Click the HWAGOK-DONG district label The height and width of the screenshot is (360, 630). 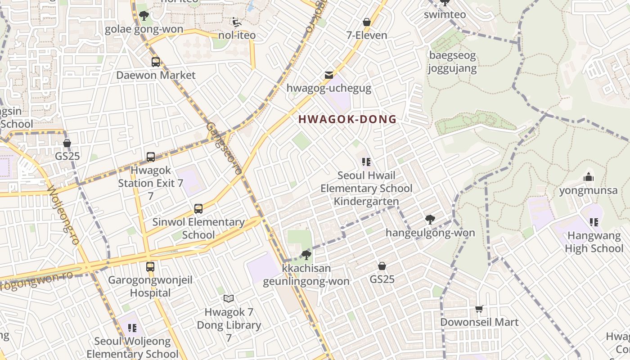coord(347,119)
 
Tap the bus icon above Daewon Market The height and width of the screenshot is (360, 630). coord(156,62)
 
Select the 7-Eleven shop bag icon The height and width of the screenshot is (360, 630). coord(367,22)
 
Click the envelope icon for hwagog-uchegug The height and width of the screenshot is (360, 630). coord(329,75)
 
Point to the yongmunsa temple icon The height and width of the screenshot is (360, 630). coord(588,177)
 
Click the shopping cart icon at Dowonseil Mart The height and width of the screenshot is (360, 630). coord(479,309)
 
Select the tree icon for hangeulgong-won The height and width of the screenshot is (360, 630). coord(430,220)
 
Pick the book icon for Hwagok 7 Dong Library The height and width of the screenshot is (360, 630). coord(229,298)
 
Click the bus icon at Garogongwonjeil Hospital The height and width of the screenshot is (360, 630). coord(150,267)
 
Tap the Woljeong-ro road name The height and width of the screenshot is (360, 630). coord(63,215)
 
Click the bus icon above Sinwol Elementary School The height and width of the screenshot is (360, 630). coord(198,209)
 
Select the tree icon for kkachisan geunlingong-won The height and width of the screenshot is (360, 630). coord(306,255)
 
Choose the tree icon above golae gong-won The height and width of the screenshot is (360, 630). coord(144,16)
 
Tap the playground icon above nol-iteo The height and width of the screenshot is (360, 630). coord(236,22)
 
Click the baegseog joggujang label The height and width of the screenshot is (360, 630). coord(452,62)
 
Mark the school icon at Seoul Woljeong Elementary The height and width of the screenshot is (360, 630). coord(132,328)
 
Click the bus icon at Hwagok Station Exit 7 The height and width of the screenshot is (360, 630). coord(151,157)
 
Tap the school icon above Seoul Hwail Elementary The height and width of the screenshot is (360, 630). coord(366,162)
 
